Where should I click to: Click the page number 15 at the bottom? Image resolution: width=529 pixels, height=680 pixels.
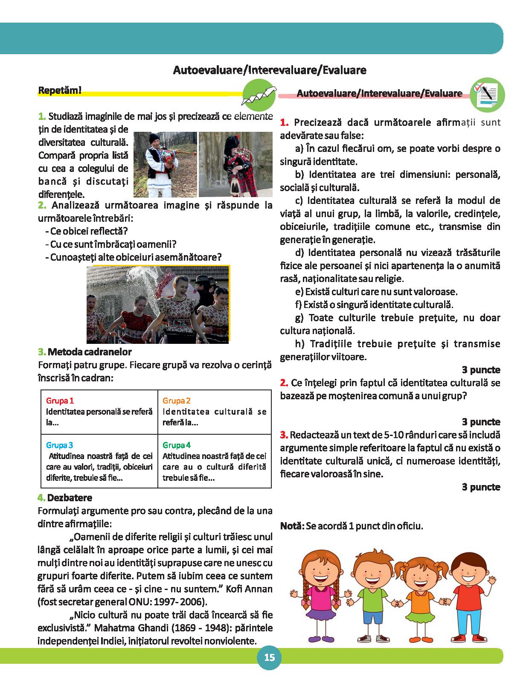click(269, 657)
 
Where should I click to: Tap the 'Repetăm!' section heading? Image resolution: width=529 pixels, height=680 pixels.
click(60, 90)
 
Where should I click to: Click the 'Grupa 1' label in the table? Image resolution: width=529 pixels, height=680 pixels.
click(60, 401)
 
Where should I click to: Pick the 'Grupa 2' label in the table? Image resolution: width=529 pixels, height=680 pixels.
click(176, 401)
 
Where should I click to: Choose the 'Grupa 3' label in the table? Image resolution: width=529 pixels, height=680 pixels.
click(59, 445)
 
